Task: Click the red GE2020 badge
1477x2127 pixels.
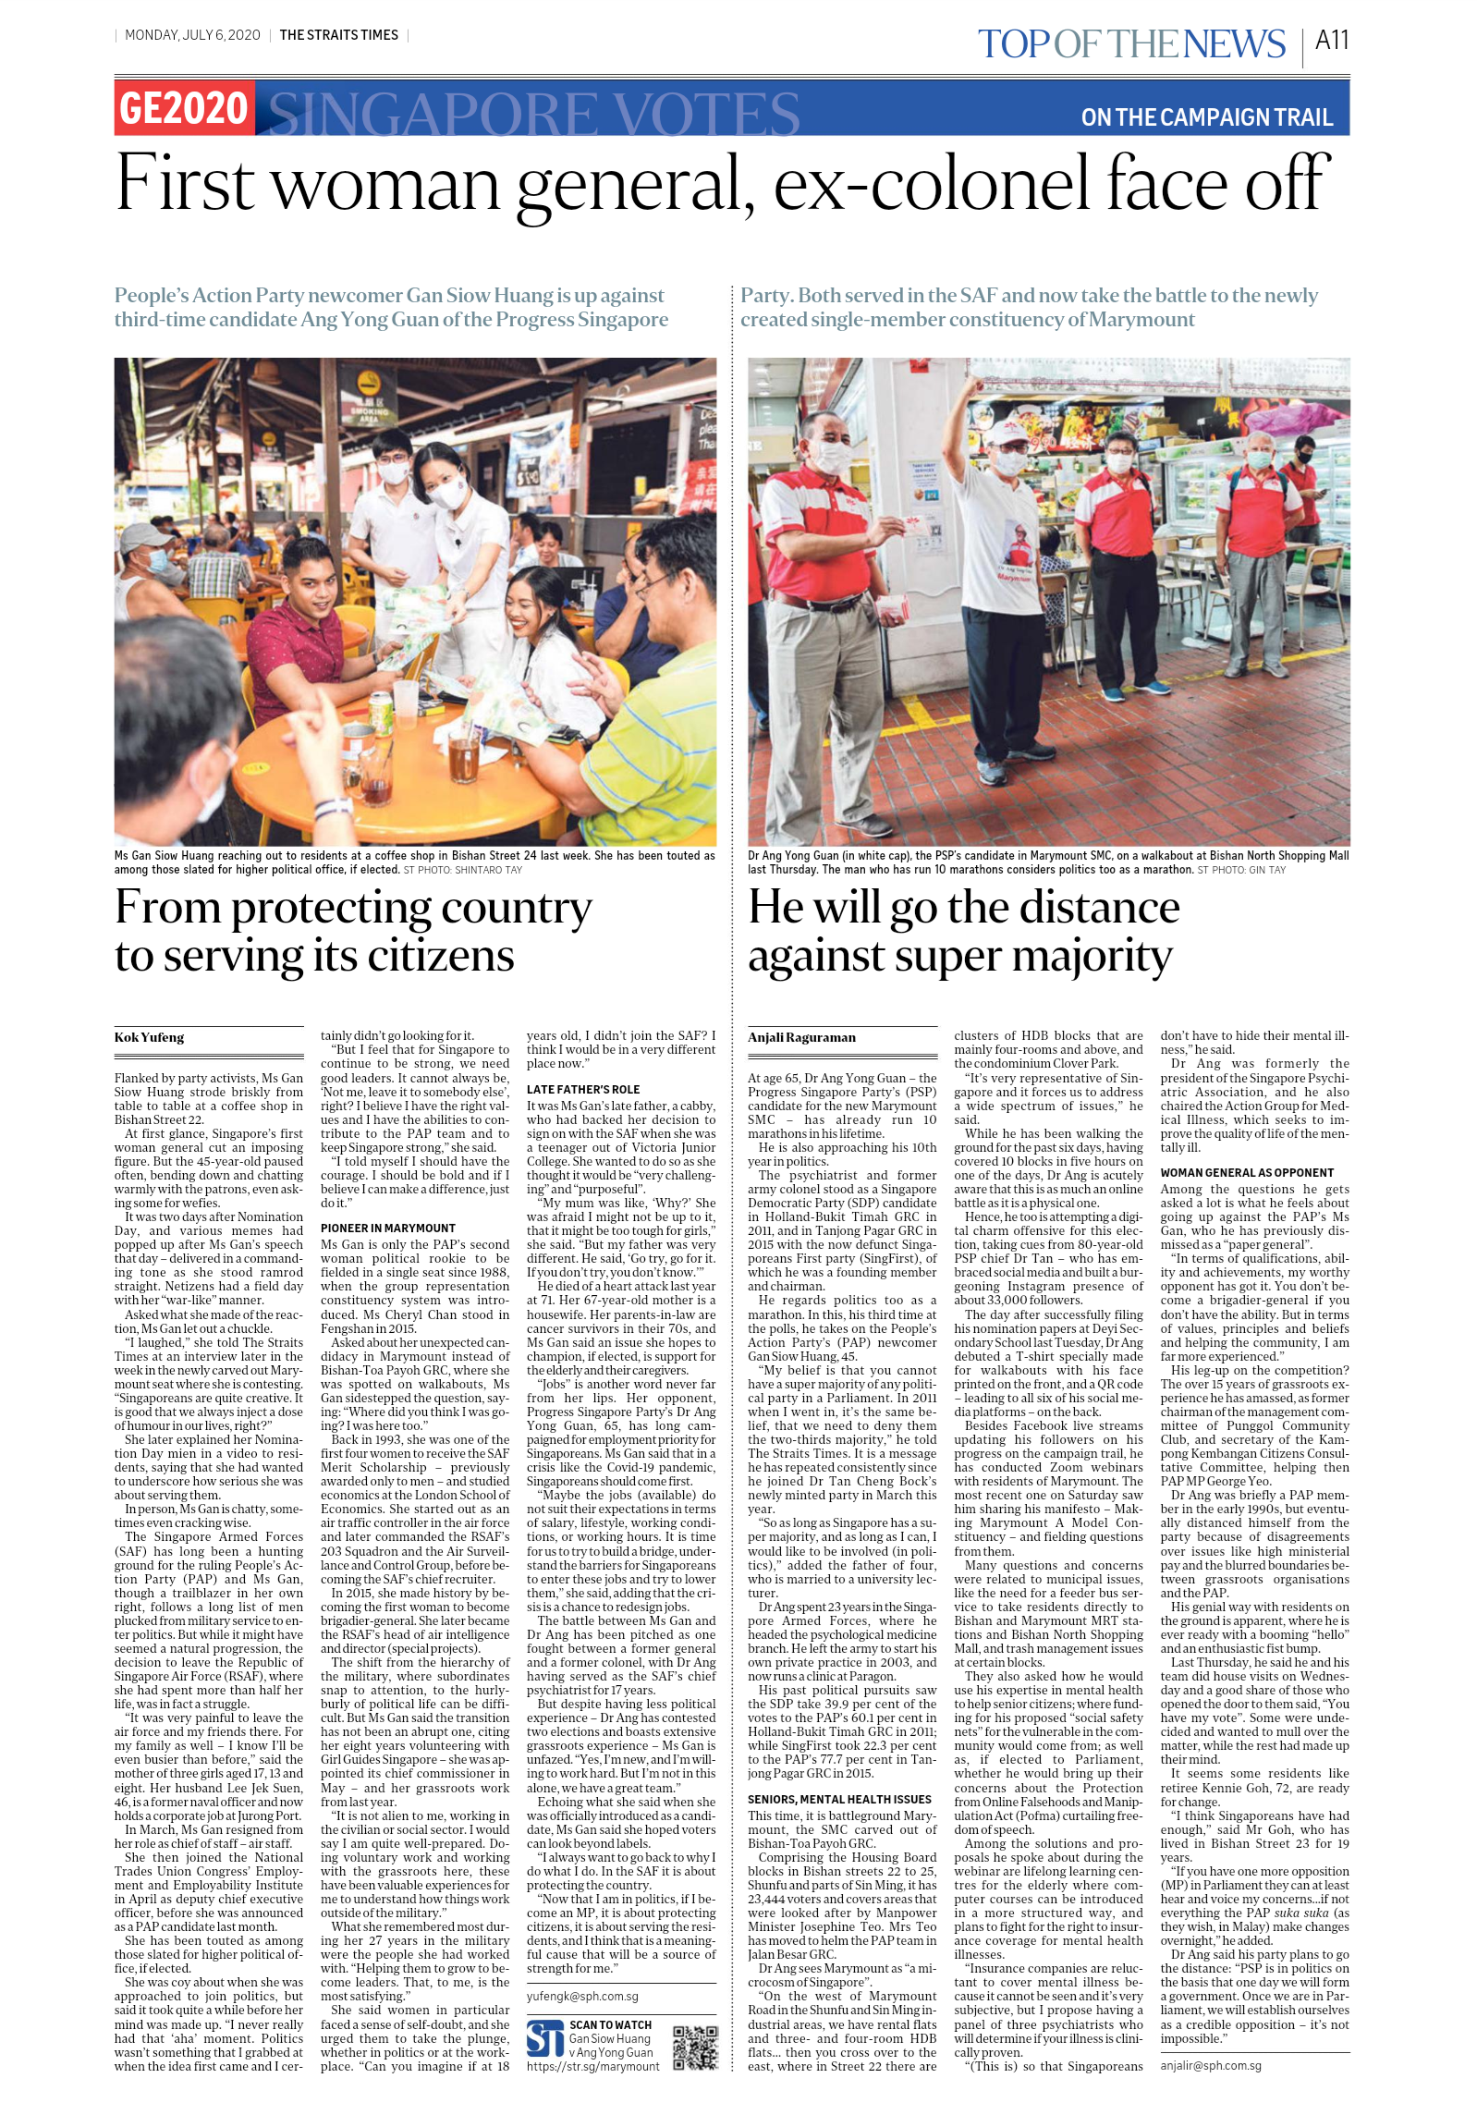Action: pos(184,109)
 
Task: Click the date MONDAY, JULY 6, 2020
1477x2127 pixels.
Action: pos(192,35)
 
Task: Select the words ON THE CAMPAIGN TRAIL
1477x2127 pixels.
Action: pos(1206,117)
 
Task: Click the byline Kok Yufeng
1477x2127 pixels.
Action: pos(149,1037)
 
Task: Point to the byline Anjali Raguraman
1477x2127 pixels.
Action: pos(801,1037)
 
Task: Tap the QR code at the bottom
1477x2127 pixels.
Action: pos(695,2048)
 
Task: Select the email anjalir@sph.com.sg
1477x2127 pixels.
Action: pos(1211,2066)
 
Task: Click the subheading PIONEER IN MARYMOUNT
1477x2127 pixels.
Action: pos(388,1229)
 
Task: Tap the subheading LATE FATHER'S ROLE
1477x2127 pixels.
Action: pos(583,1090)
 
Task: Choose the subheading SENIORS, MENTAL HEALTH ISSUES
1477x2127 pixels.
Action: pos(839,1800)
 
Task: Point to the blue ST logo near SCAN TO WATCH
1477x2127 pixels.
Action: pos(545,2039)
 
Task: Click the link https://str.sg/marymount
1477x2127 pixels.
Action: pos(593,2066)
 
